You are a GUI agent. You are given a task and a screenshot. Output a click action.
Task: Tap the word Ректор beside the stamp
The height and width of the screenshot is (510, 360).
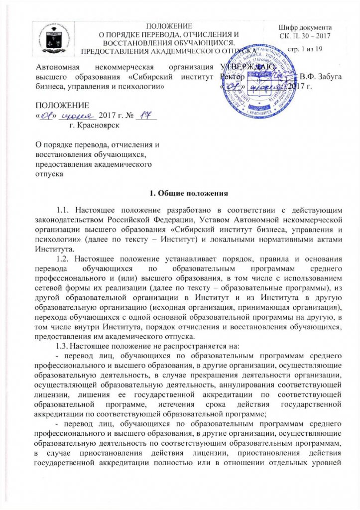click(232, 77)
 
